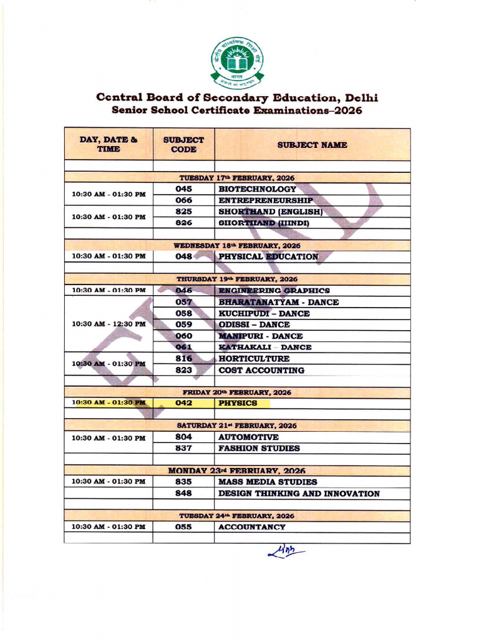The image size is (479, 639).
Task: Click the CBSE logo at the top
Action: [x=236, y=62]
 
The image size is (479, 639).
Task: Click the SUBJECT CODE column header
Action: [x=183, y=145]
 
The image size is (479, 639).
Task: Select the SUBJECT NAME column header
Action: [x=312, y=145]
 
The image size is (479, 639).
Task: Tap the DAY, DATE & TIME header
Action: [x=109, y=145]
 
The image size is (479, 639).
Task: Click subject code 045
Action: [x=183, y=189]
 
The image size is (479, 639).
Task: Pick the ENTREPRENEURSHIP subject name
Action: [x=265, y=201]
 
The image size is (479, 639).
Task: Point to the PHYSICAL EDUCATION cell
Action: [x=268, y=256]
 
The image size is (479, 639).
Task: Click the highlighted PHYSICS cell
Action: [x=238, y=403]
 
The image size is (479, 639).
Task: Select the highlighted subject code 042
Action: [x=183, y=403]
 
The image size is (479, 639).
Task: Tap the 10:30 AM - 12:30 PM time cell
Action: [x=109, y=324]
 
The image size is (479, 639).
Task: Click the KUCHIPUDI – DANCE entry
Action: [x=264, y=313]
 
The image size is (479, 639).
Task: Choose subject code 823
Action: [x=183, y=370]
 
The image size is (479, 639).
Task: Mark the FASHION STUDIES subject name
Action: [x=259, y=448]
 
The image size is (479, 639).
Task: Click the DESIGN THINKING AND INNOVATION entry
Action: [x=299, y=494]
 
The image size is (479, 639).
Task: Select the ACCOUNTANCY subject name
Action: [x=252, y=527]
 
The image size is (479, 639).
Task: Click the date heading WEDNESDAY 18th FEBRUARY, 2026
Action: [x=236, y=245]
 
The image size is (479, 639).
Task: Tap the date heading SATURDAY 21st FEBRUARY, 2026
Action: [x=236, y=426]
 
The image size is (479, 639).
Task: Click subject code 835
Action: [x=183, y=482]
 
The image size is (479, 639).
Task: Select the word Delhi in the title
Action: [x=362, y=98]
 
